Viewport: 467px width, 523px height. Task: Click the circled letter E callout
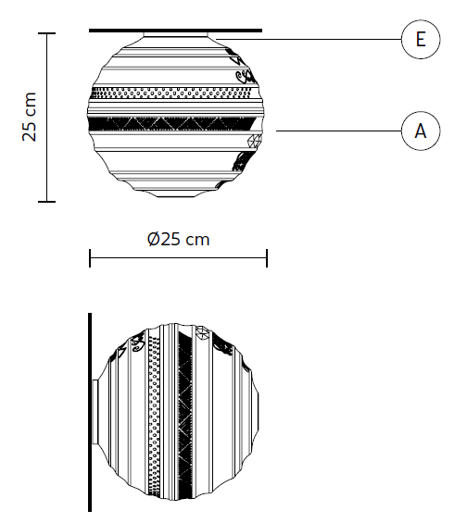point(421,39)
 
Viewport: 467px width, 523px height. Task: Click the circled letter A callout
point(421,131)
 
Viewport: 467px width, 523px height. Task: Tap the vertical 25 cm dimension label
point(29,117)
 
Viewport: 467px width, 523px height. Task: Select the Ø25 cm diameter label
point(179,239)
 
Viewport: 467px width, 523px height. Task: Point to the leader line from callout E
point(309,39)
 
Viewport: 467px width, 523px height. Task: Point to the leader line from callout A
point(339,131)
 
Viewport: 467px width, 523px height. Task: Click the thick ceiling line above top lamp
point(175,31)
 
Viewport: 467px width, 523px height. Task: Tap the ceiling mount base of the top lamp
point(175,34)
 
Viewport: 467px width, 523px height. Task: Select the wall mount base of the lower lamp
point(95,412)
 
